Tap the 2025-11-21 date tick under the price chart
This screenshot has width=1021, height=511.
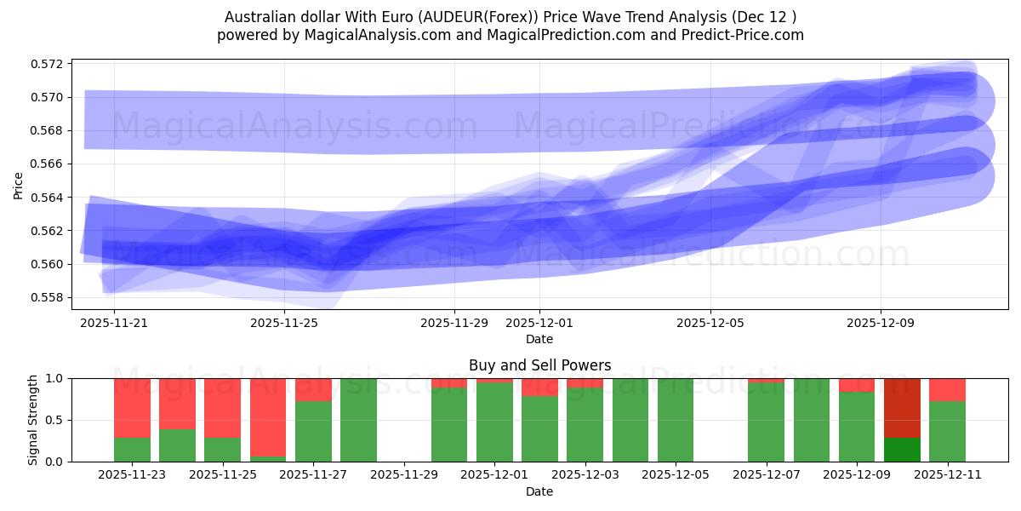point(114,324)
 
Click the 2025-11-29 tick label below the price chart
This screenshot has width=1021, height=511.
point(454,324)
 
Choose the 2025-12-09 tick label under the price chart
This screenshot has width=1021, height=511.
point(880,324)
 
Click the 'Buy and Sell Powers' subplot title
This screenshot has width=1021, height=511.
point(539,365)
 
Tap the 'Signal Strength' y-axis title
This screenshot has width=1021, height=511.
point(32,420)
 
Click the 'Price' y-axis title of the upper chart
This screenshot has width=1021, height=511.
point(19,184)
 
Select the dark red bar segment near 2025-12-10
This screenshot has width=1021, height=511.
point(902,407)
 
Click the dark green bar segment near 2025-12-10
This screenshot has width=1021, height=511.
point(902,450)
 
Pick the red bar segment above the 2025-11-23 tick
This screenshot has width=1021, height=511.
point(132,407)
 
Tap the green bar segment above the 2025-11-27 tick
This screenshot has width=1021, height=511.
point(313,431)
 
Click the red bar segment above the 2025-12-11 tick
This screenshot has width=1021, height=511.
point(947,389)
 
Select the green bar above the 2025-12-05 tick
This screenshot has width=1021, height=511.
point(676,420)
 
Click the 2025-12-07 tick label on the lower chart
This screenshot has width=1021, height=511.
point(766,475)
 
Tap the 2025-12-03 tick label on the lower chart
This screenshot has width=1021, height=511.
point(585,475)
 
